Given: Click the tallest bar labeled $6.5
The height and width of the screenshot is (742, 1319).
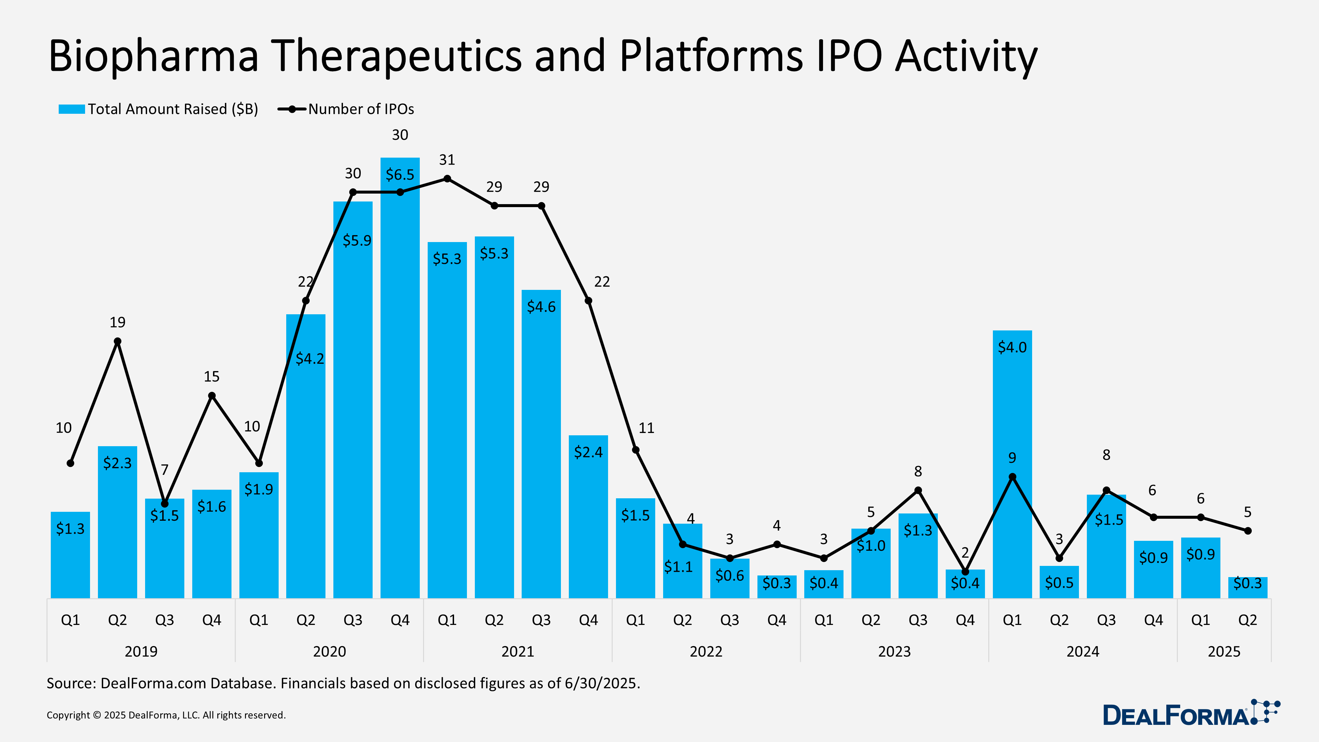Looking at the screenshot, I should tap(400, 379).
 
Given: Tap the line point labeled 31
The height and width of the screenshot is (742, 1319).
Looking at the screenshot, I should tap(447, 179).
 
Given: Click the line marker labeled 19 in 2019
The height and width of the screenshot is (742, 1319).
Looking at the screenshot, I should tap(117, 341).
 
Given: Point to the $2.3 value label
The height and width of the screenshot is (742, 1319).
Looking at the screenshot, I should tap(117, 463).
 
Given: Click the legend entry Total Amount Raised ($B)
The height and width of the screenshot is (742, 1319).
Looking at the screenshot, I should tap(159, 109).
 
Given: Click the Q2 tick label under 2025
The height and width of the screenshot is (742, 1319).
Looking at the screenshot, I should tap(1247, 620).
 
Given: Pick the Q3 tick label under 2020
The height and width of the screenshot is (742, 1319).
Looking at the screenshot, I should tap(353, 620).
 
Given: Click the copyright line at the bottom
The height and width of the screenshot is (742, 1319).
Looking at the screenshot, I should tap(166, 715).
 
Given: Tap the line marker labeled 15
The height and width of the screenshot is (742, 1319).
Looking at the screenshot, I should tap(211, 396).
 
